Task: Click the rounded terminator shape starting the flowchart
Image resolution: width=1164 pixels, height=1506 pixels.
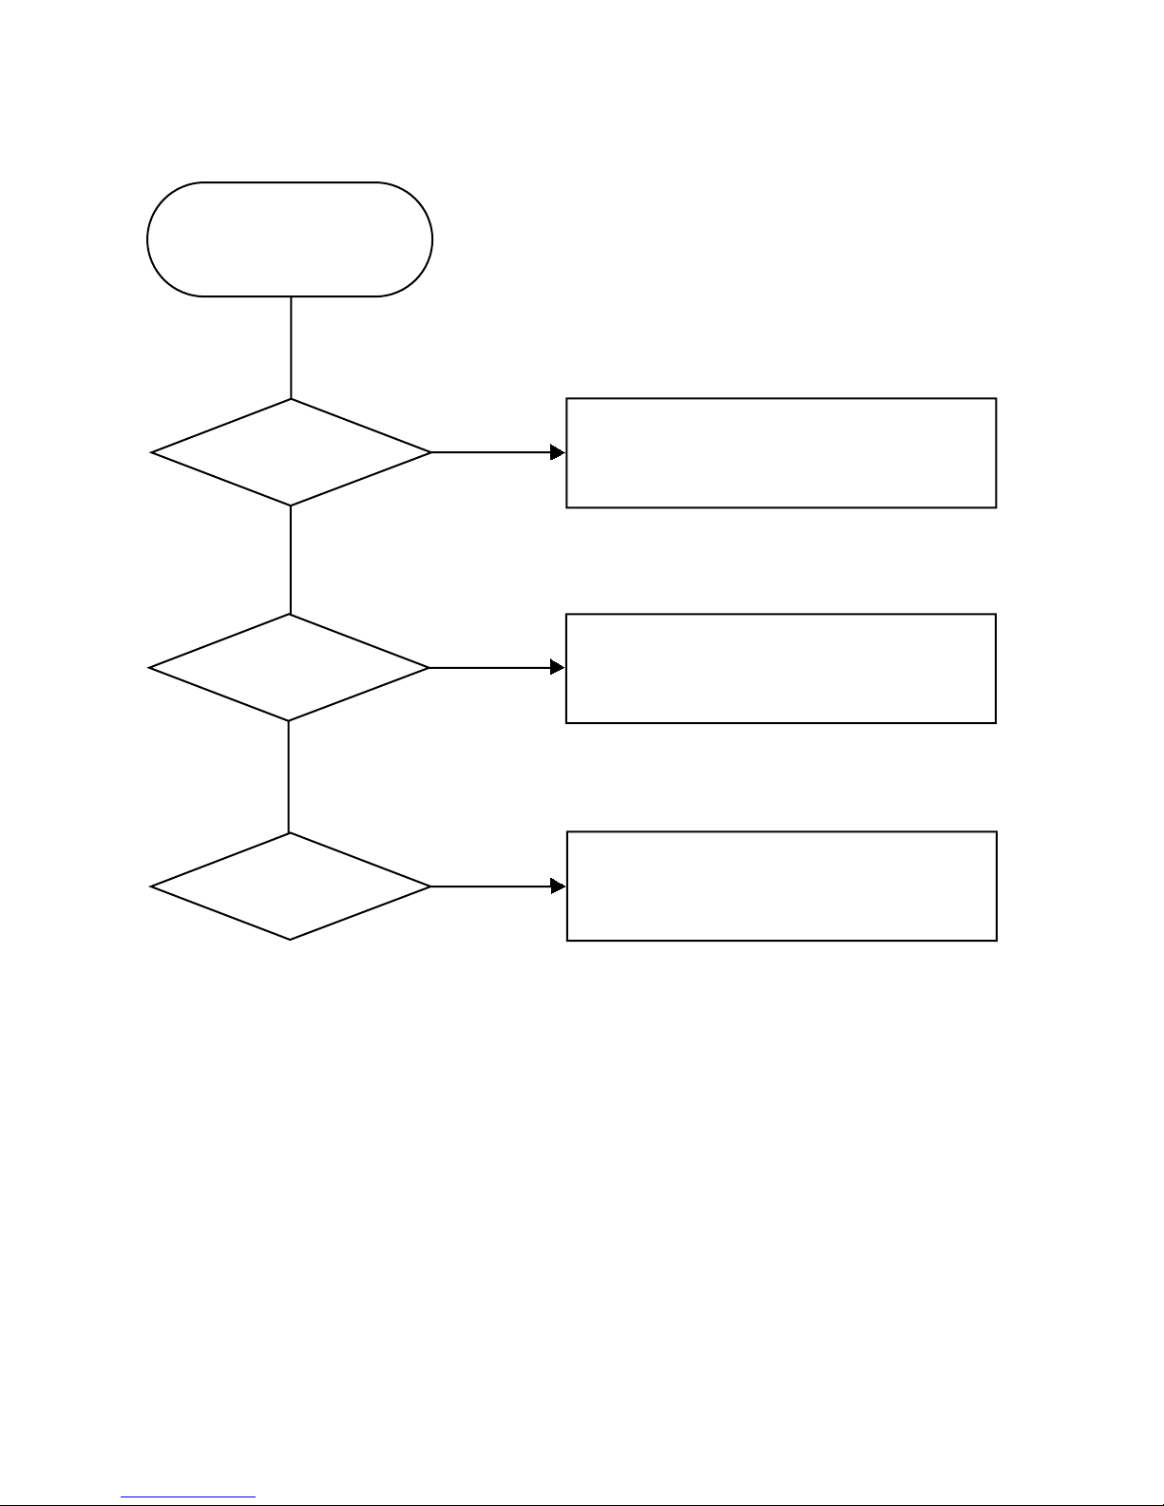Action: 290,239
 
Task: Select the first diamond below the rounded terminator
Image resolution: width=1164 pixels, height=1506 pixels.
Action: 291,452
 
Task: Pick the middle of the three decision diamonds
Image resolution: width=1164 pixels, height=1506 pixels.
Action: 289,668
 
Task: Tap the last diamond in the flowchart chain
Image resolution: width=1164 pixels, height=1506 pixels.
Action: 290,886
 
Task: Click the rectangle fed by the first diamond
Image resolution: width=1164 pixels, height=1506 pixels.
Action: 781,453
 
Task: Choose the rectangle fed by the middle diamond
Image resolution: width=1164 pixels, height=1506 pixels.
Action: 780,669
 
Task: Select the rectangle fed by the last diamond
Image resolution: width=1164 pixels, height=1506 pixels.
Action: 781,886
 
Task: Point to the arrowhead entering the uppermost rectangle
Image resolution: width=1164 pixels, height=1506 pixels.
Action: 558,452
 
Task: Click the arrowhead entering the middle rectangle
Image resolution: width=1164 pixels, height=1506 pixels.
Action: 558,668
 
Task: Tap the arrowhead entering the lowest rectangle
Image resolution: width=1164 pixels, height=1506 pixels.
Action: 558,886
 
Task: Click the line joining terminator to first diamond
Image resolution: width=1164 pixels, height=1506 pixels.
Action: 291,347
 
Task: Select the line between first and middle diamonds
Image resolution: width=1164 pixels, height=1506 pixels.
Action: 290,560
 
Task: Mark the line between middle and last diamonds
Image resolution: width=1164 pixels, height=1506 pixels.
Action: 288,777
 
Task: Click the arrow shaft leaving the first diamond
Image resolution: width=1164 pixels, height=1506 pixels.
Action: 490,452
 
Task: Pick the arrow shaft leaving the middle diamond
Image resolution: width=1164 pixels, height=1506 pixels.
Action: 489,668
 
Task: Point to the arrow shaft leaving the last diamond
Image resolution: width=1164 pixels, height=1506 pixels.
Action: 490,886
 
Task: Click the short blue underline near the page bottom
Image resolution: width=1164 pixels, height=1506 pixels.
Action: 188,1498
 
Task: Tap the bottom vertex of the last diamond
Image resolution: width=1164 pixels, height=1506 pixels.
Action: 290,940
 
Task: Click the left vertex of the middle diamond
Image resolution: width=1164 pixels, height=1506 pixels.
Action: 149,668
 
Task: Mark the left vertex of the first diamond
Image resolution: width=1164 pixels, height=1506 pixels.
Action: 151,452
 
